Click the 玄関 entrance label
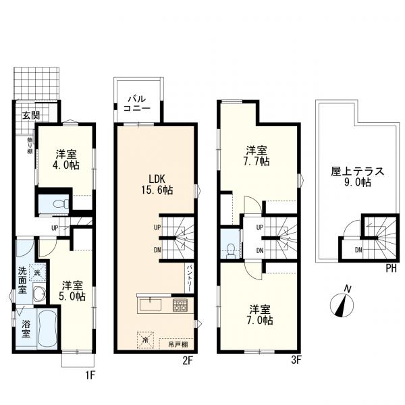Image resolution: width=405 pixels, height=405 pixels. click(x=30, y=115)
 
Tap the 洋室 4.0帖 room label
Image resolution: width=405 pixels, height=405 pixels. click(x=65, y=158)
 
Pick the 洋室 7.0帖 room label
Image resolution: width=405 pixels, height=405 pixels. click(x=259, y=315)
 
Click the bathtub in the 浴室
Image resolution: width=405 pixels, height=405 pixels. click(x=46, y=329)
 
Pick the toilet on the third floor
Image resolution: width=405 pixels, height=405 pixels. click(x=231, y=248)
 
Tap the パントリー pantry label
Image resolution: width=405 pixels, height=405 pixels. click(x=190, y=277)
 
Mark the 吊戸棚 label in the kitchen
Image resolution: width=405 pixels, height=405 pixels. click(x=178, y=344)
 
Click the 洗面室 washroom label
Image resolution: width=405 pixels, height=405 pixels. click(x=22, y=281)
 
